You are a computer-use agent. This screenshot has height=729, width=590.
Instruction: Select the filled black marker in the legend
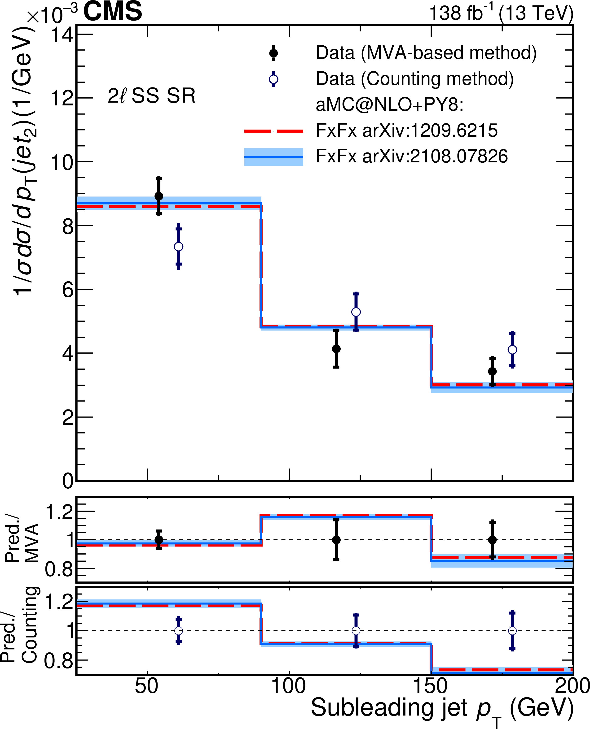(x=273, y=53)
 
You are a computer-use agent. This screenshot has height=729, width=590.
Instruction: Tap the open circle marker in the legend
(x=273, y=79)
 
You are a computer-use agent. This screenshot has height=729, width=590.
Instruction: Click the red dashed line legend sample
(x=273, y=131)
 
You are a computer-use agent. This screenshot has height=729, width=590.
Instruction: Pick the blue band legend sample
(x=273, y=157)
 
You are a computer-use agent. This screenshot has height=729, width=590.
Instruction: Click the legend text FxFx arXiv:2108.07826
(x=412, y=156)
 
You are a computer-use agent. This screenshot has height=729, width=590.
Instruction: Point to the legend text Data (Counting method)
(x=415, y=79)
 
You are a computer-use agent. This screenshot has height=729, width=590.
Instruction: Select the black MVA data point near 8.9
(x=159, y=196)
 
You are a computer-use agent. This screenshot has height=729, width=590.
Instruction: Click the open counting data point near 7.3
(x=178, y=247)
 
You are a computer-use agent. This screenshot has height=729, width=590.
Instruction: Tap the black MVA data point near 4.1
(x=336, y=348)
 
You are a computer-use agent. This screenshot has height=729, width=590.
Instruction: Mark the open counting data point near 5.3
(x=356, y=312)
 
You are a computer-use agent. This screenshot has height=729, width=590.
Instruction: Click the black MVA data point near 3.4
(x=492, y=371)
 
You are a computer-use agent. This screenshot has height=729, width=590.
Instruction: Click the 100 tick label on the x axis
(x=289, y=686)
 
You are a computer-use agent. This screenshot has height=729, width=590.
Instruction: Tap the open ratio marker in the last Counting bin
(x=512, y=631)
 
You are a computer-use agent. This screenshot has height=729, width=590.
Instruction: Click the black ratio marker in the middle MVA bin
(x=336, y=540)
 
